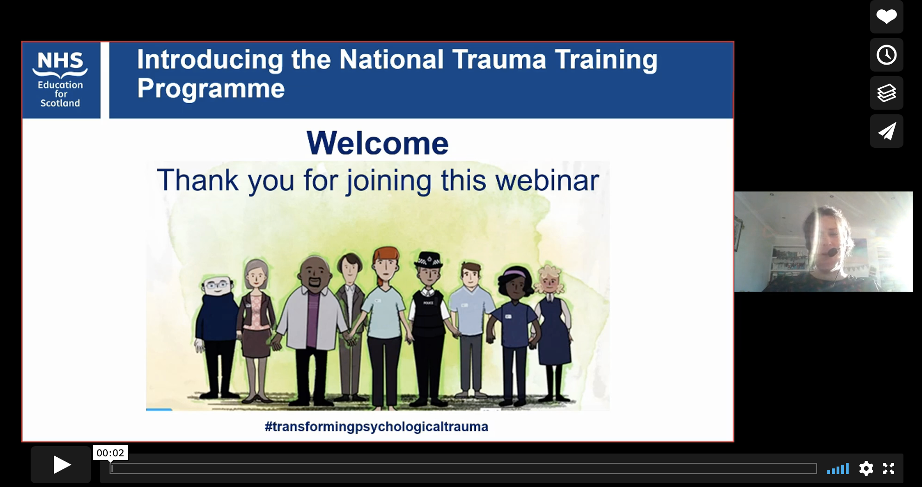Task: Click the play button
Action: click(61, 465)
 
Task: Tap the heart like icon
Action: click(886, 17)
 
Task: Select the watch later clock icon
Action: click(886, 55)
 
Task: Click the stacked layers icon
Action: click(886, 93)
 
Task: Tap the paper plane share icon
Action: click(886, 131)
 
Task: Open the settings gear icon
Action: click(866, 468)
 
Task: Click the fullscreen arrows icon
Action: click(889, 468)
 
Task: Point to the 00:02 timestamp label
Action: click(110, 453)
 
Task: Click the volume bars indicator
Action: click(838, 468)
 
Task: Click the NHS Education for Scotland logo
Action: click(61, 80)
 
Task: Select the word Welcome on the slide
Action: click(377, 143)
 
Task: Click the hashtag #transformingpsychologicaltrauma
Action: click(377, 427)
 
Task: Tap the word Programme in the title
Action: click(211, 88)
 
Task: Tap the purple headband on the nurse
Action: click(514, 273)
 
